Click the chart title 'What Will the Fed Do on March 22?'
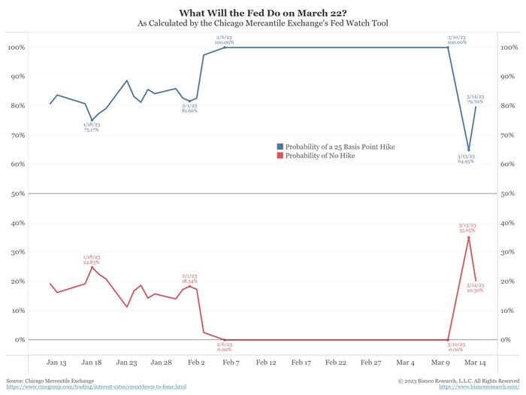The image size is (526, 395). tap(262, 12)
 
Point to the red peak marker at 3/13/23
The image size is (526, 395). tap(469, 238)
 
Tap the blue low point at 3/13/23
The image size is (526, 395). tap(469, 150)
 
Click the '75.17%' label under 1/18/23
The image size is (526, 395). tap(91, 129)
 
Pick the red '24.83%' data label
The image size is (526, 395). tap(91, 263)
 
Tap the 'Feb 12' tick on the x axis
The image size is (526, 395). tap(266, 362)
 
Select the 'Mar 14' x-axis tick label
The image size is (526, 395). tap(474, 362)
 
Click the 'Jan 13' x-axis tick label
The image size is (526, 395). tap(57, 362)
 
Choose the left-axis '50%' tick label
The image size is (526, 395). tap(17, 193)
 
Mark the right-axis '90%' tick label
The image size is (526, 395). tap(509, 76)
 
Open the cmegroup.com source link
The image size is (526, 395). tap(95, 387)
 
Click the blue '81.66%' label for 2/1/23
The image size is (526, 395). tap(189, 111)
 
